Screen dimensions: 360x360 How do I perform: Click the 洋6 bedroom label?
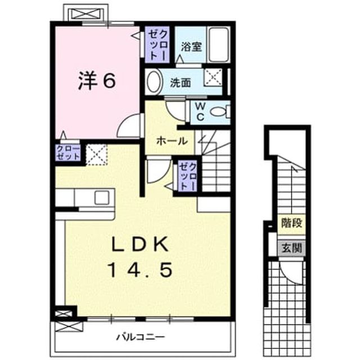coord(96,80)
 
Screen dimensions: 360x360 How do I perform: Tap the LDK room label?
coord(140,244)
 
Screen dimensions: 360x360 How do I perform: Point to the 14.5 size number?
coord(141,270)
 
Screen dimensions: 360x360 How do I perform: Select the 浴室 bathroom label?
coord(191,47)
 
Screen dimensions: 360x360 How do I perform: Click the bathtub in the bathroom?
coord(219,44)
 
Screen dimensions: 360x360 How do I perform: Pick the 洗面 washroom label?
coord(180,83)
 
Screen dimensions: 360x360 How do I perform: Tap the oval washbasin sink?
coord(154,82)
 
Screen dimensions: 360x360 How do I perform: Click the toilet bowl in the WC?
coord(220,112)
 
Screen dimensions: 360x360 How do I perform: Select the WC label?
coord(200,111)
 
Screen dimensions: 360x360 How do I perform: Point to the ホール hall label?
coord(172,141)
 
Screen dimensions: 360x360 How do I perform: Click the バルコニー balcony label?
coord(141,337)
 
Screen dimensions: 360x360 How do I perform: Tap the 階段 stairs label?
coord(291,223)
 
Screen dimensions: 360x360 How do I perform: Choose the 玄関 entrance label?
coord(291,247)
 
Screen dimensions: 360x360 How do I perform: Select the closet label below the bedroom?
coord(68,152)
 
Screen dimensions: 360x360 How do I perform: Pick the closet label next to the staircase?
coord(188,176)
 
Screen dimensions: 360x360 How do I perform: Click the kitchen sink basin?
coord(102,197)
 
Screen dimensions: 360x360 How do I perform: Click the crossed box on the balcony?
coord(69,326)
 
